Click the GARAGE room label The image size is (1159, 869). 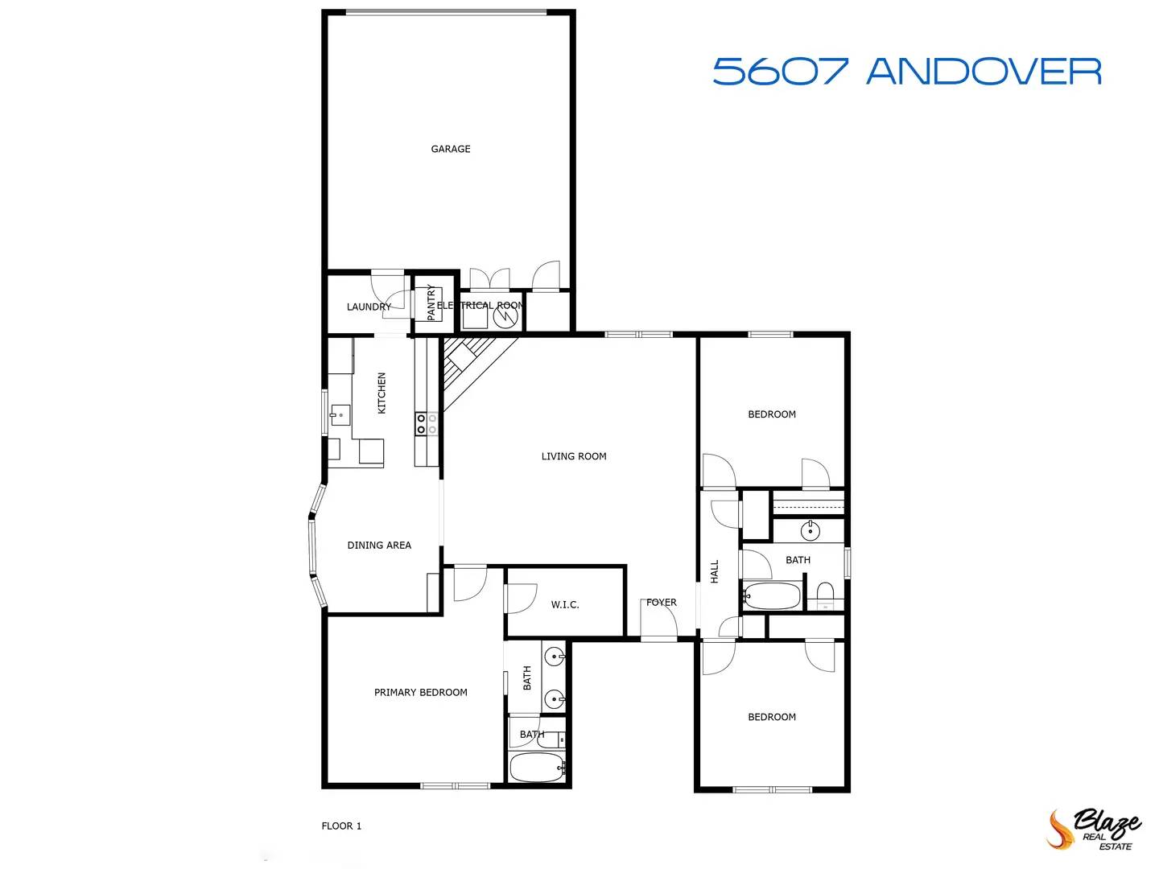tap(451, 149)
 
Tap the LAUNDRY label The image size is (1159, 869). tap(369, 307)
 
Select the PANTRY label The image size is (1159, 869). tap(431, 303)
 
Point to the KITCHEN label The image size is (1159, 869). tap(382, 393)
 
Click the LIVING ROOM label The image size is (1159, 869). tap(574, 456)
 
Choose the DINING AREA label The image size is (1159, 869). tap(379, 545)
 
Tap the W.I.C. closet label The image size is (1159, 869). tap(565, 604)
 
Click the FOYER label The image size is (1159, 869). tap(662, 602)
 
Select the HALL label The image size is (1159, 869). tap(715, 571)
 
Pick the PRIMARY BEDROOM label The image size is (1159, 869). tap(420, 692)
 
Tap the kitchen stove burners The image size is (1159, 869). tap(427, 424)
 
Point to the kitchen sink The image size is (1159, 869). tap(339, 416)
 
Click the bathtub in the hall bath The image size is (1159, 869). tap(772, 596)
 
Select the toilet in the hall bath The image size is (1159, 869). tap(826, 595)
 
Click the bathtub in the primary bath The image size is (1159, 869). tap(537, 768)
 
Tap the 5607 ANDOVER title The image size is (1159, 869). tap(906, 72)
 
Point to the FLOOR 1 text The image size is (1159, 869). tap(341, 826)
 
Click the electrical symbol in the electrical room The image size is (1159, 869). tap(505, 316)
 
